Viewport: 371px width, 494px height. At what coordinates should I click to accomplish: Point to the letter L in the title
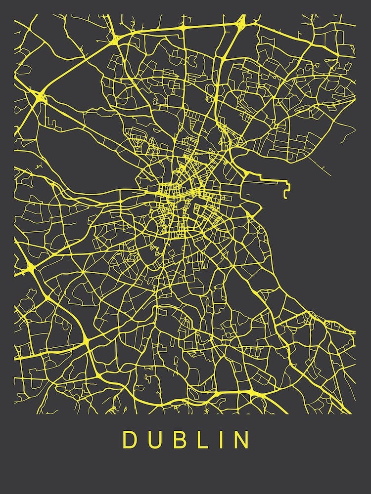pos(200,440)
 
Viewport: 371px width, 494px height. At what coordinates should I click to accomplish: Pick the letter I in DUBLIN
pos(219,440)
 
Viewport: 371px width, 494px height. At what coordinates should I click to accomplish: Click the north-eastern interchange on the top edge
pos(241,21)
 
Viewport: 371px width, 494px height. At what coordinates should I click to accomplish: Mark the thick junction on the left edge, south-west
pos(27,270)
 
